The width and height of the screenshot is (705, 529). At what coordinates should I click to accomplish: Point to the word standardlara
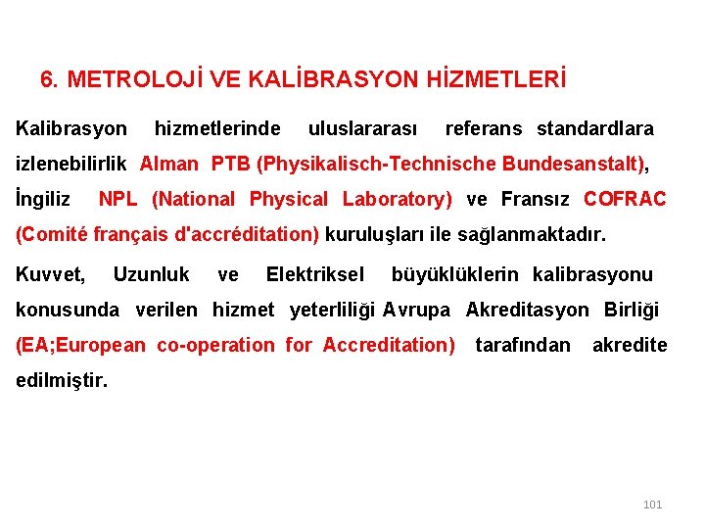[595, 128]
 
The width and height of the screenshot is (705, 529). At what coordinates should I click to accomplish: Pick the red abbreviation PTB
[230, 164]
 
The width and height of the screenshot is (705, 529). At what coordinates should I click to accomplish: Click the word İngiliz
[43, 199]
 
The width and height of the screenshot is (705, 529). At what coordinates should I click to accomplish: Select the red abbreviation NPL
[118, 199]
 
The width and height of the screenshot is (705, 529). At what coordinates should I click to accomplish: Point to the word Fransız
[537, 199]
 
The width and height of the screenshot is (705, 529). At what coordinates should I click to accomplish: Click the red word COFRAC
[625, 199]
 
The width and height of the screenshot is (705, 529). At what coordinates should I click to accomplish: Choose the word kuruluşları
[372, 235]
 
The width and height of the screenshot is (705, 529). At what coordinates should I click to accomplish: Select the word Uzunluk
[152, 274]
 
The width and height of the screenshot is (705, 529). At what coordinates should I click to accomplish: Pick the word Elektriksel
[314, 274]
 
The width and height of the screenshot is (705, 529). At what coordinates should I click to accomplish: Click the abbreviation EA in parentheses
[33, 345]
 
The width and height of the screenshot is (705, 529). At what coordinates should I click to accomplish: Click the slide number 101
[652, 505]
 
